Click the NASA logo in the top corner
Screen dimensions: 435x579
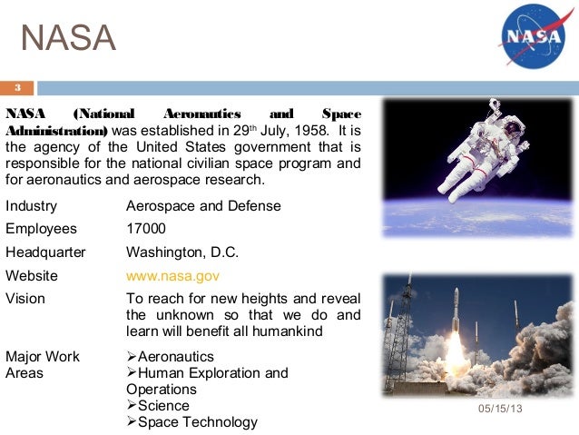click(535, 38)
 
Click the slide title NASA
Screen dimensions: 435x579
click(69, 38)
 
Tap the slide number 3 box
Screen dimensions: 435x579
click(17, 88)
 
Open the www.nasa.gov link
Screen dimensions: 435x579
click(173, 275)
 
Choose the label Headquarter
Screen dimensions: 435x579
click(45, 252)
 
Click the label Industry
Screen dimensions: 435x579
click(31, 206)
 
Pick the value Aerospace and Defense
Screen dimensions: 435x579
click(203, 206)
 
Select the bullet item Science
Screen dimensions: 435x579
click(163, 405)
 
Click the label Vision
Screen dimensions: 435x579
click(25, 298)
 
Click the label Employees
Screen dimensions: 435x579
click(41, 229)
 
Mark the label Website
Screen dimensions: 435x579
click(32, 275)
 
